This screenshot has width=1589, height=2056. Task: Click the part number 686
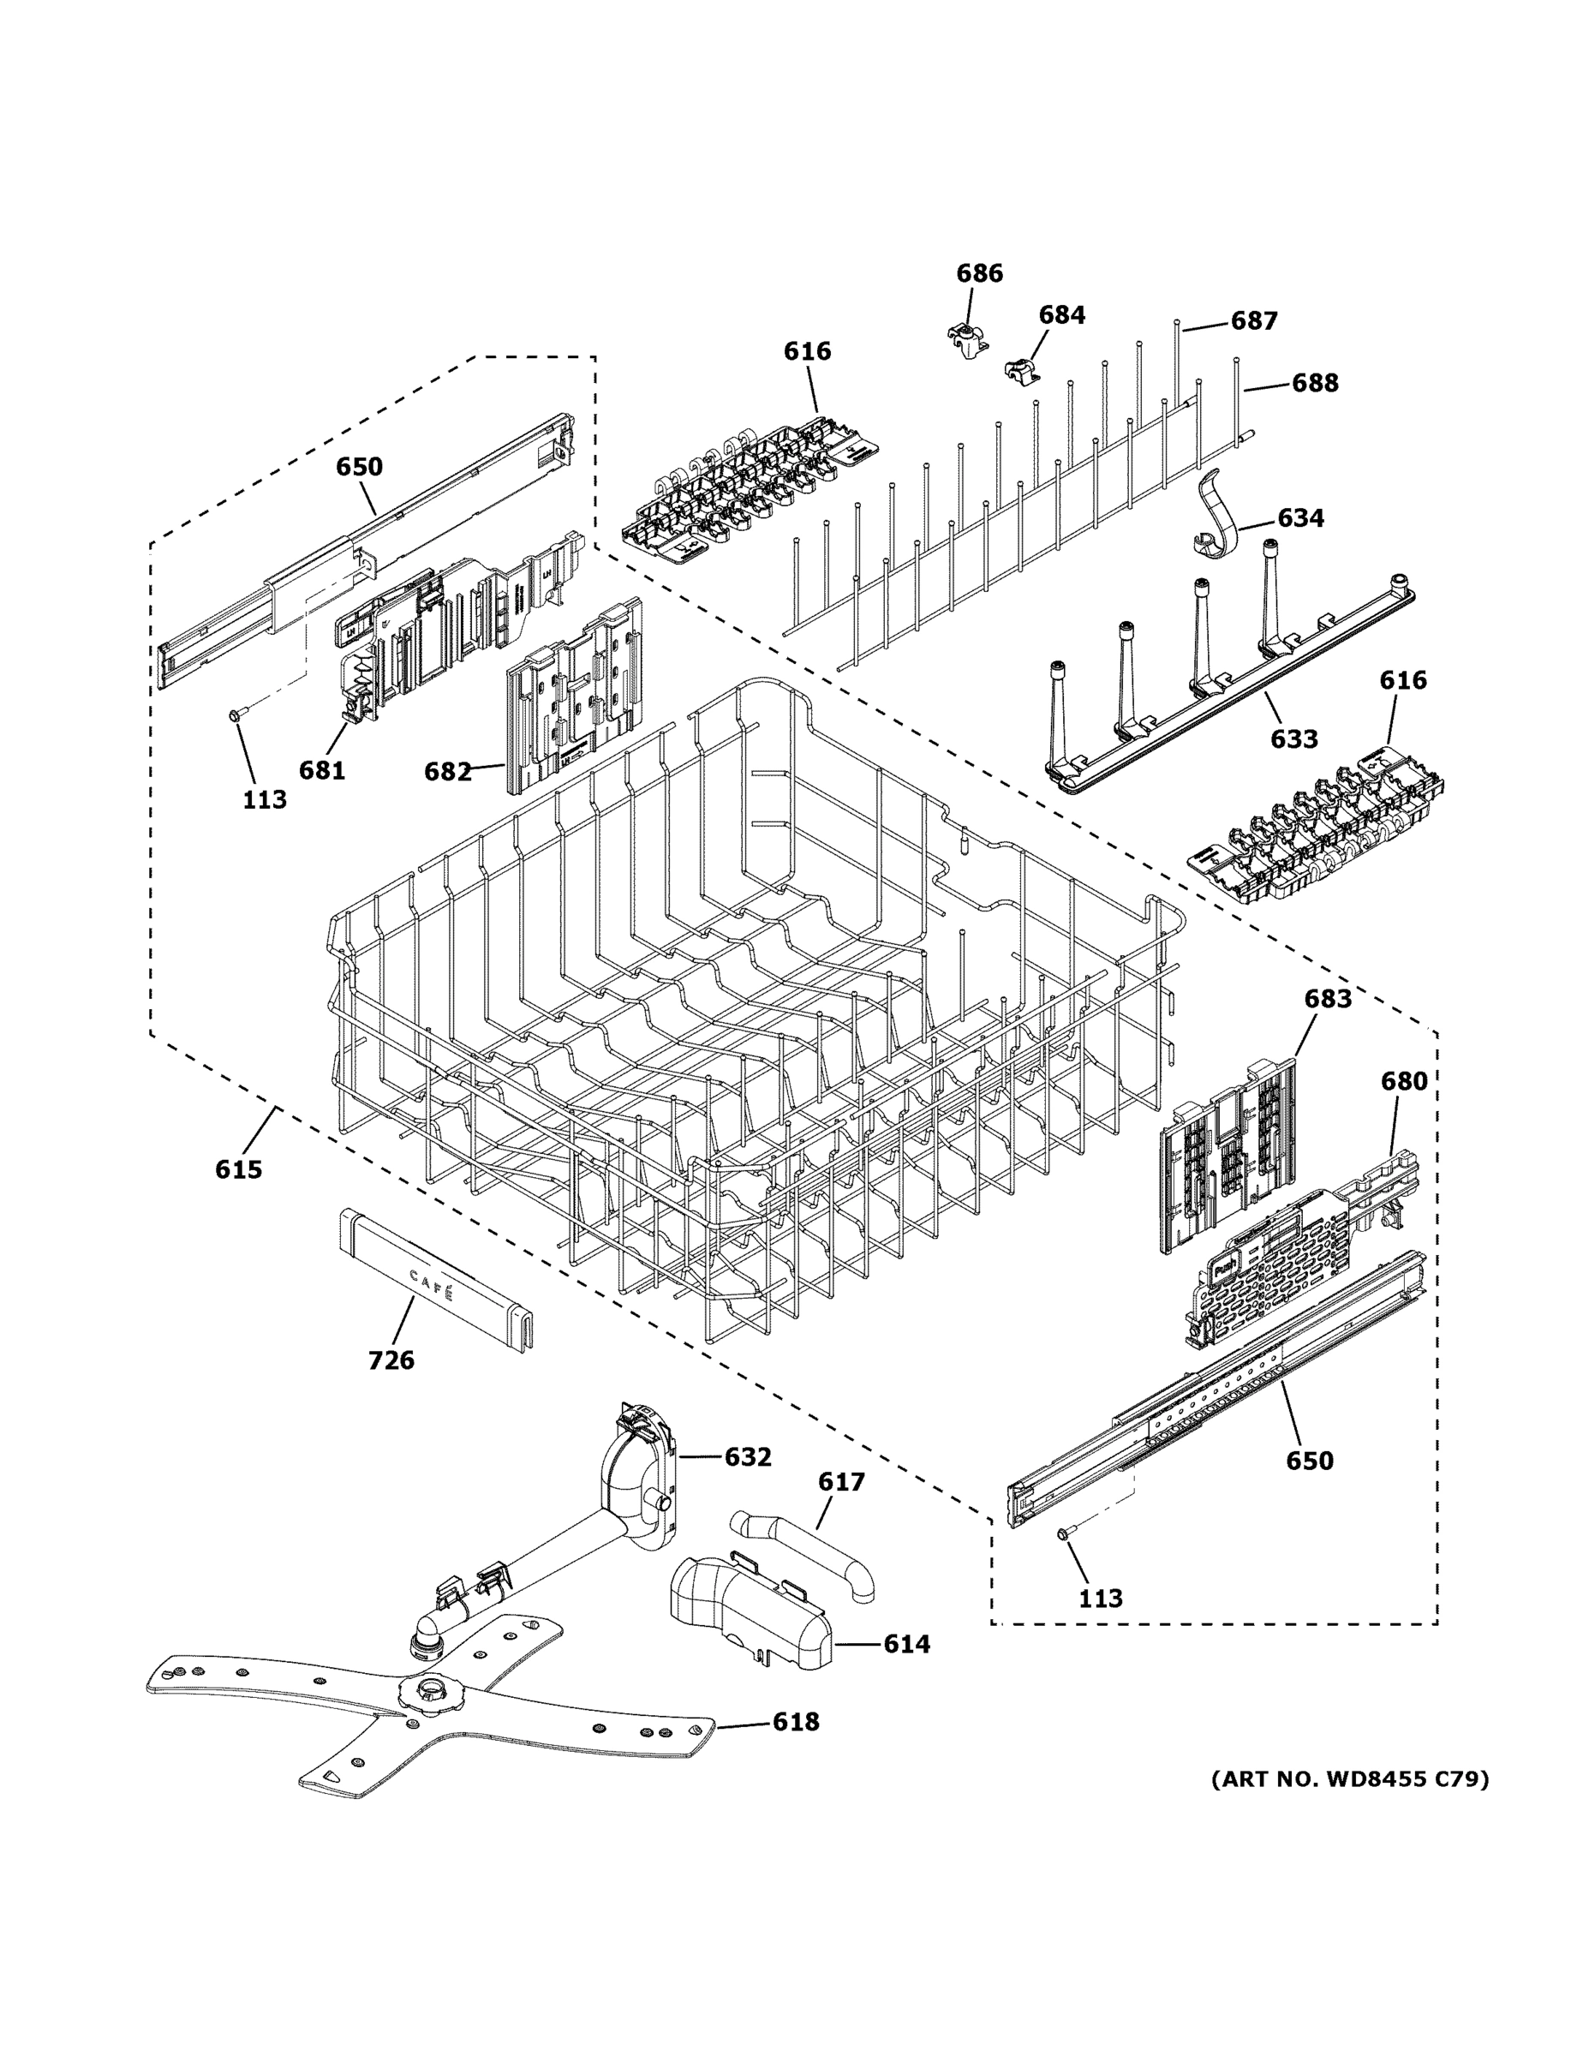click(979, 273)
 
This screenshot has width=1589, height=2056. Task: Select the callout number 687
click(1254, 321)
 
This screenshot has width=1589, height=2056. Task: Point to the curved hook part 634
click(1214, 517)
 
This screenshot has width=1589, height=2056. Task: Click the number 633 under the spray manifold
click(1293, 739)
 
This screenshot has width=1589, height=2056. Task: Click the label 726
click(391, 1360)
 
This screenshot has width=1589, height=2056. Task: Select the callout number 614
click(905, 1644)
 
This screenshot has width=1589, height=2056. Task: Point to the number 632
click(748, 1456)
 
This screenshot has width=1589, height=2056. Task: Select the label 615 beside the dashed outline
click(238, 1169)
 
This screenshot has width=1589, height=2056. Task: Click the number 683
click(1327, 998)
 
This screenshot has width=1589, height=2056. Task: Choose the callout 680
click(1404, 1081)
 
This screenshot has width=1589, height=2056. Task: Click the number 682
click(447, 771)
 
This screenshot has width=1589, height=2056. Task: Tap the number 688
click(1314, 382)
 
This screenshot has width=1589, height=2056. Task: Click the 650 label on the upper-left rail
click(360, 466)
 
